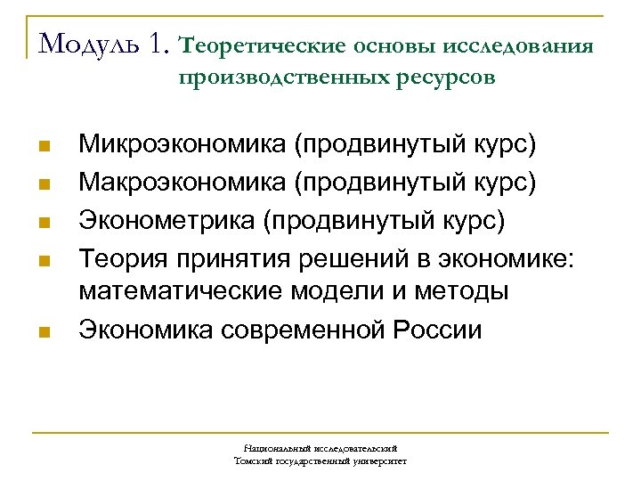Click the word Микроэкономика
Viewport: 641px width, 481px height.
click(x=182, y=144)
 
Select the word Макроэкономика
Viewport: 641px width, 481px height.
click(x=182, y=183)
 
